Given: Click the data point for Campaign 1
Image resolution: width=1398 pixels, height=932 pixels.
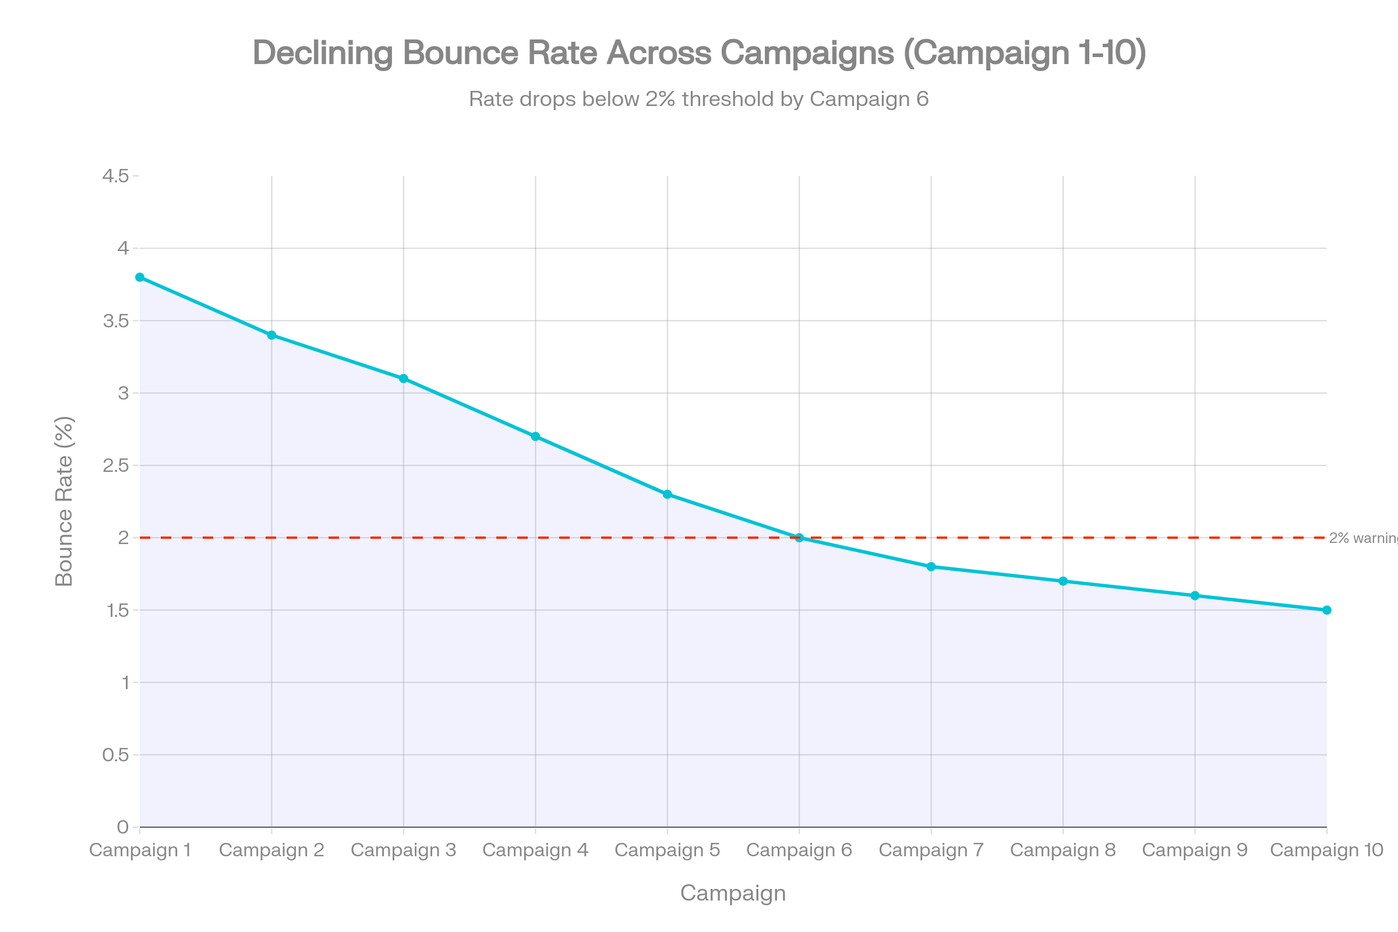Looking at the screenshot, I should tap(140, 278).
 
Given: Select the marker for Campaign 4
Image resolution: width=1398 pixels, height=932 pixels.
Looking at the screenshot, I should tap(535, 436).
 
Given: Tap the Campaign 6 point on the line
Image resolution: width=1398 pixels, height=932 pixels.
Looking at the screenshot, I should tap(799, 537).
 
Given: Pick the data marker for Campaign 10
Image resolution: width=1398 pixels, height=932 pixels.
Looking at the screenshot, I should tap(1327, 610).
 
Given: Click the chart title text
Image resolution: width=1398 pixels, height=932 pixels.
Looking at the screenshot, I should tap(699, 53).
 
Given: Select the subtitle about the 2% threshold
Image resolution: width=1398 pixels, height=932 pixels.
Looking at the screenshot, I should tap(698, 99).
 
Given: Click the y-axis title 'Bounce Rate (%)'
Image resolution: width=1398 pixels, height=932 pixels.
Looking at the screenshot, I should tap(64, 501).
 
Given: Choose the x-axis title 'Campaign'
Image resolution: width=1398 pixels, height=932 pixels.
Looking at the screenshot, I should tap(733, 893).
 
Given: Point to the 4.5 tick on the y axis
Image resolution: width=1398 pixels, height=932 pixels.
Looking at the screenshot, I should tap(116, 176).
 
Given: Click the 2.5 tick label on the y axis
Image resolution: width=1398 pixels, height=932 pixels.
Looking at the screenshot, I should tap(116, 465).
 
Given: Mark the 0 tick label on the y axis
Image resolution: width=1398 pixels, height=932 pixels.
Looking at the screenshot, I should tap(123, 827).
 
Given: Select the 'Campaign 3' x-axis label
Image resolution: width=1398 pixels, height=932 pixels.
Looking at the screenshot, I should tap(404, 850).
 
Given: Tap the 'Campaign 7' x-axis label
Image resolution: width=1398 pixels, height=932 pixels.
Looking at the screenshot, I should tap(931, 850).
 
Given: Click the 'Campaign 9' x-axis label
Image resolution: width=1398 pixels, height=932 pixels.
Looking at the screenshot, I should tap(1195, 850).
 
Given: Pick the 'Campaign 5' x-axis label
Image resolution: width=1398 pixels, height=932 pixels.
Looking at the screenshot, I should tap(668, 850).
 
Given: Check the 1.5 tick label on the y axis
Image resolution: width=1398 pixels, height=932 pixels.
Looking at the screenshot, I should tap(116, 610).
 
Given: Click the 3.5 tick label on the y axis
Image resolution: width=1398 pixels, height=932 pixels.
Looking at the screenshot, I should tap(116, 321).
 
